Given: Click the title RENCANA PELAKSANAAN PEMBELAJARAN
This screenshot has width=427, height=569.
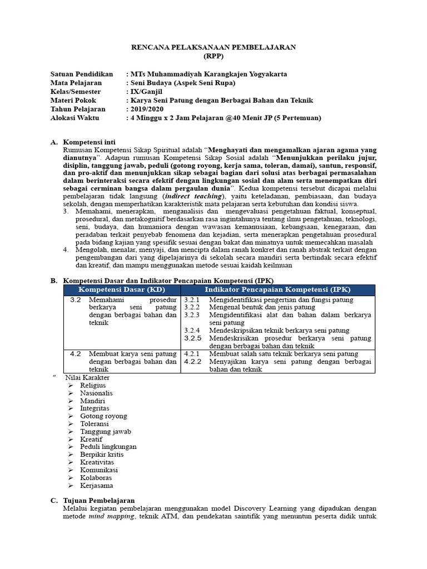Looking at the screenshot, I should pyautogui.click(x=213, y=47).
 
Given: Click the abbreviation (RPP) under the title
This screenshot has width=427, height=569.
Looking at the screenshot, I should pyautogui.click(x=213, y=56).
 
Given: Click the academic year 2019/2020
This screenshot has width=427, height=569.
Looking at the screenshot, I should pyautogui.click(x=149, y=109).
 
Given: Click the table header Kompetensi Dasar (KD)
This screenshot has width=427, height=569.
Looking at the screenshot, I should pyautogui.click(x=121, y=290).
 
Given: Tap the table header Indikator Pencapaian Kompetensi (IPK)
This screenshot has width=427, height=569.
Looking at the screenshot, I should pyautogui.click(x=277, y=290).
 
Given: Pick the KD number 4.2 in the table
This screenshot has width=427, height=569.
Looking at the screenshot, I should pyautogui.click(x=76, y=353).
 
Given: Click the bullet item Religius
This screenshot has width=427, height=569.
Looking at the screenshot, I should pyautogui.click(x=93, y=385).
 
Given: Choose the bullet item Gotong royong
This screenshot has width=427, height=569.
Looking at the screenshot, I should pyautogui.click(x=103, y=416).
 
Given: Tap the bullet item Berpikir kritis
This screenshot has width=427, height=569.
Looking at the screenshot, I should pyautogui.click(x=102, y=454).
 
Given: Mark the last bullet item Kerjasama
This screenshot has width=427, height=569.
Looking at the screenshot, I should pyautogui.click(x=96, y=485).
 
